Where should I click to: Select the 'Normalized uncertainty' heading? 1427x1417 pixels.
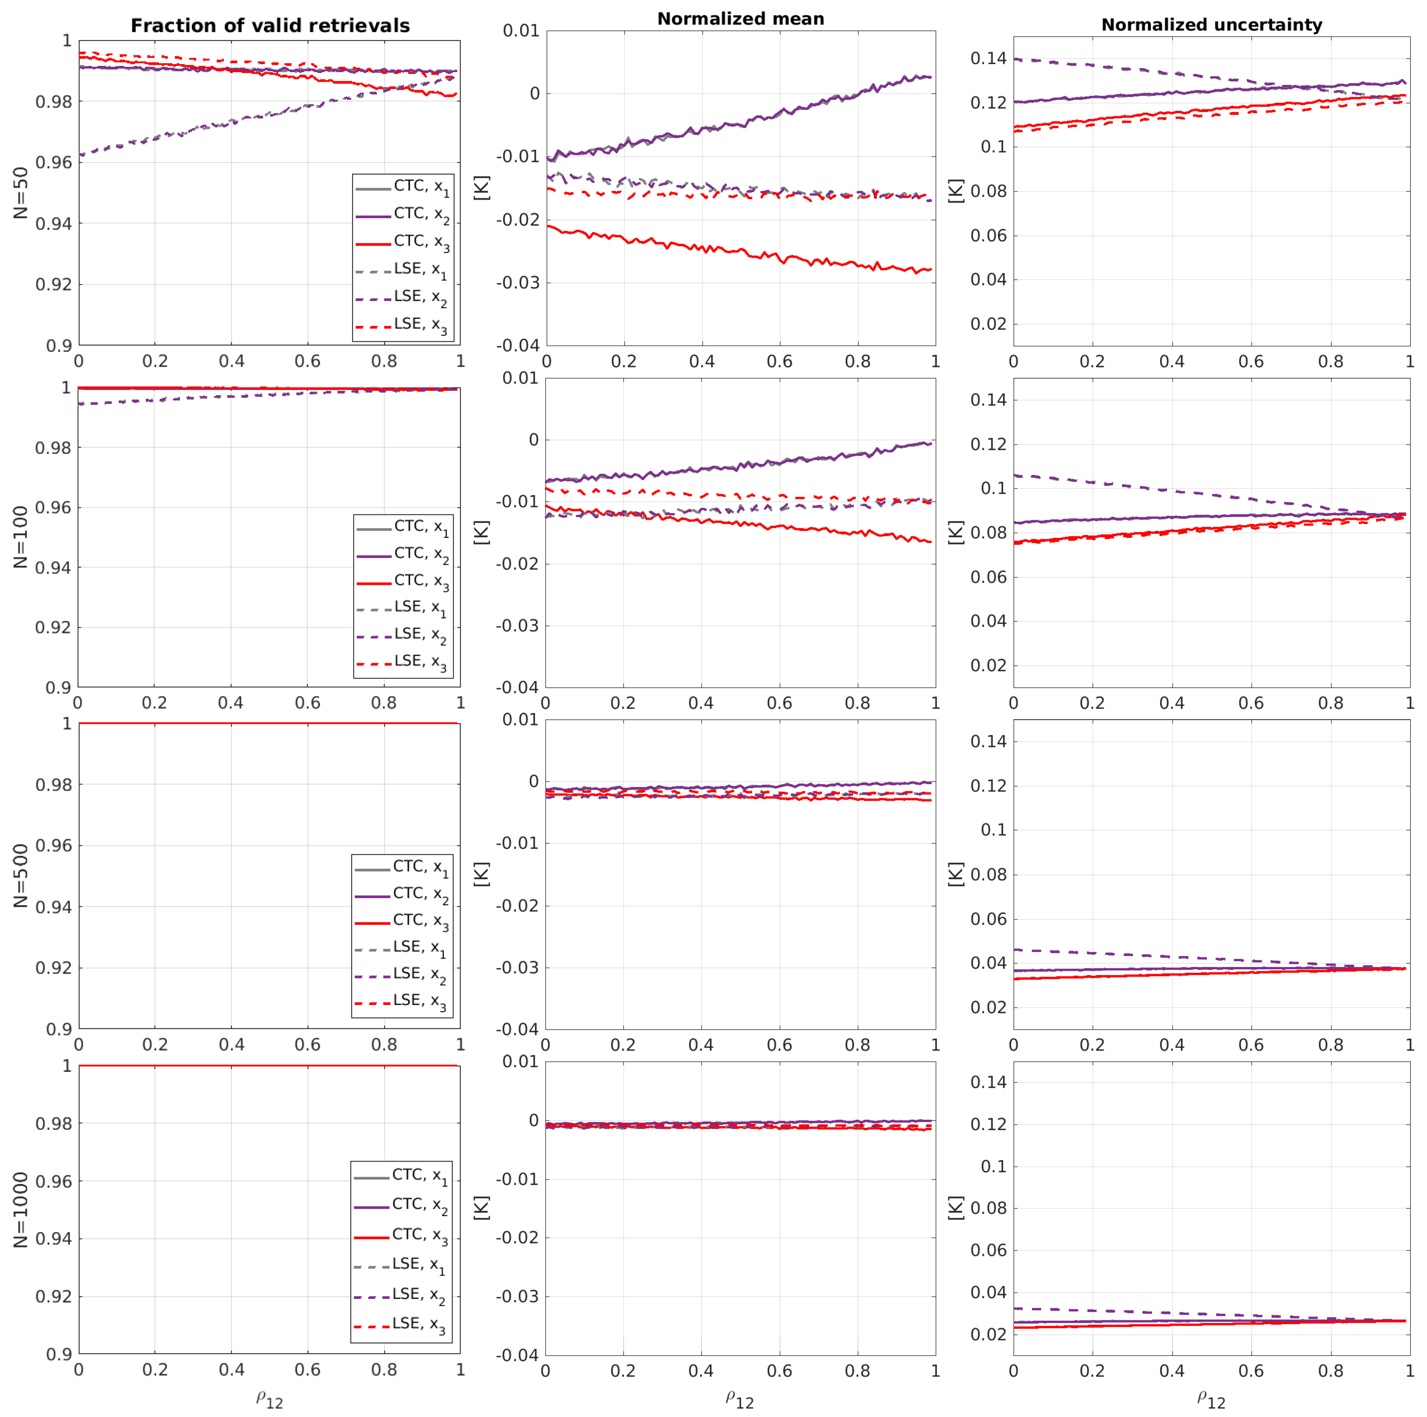(1211, 25)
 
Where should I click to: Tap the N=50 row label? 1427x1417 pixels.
(21, 193)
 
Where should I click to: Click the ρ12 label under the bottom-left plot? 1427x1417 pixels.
(270, 1399)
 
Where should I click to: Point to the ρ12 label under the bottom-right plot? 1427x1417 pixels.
(1211, 1399)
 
